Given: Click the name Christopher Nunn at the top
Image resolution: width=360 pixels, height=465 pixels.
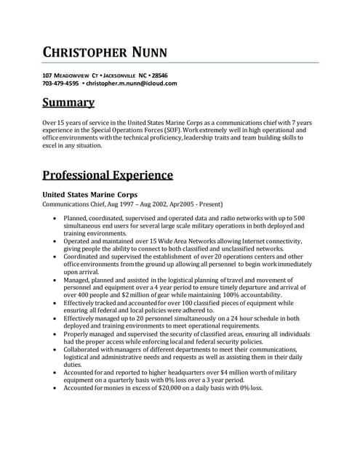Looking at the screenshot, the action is (105, 52).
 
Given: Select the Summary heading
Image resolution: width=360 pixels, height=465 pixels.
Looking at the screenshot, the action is (68, 102).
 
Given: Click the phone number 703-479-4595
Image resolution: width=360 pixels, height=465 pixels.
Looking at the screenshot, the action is (60, 84).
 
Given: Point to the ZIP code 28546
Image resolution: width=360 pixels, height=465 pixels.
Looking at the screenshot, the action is (160, 76).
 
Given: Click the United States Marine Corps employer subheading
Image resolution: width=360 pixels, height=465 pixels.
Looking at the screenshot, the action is (89, 195).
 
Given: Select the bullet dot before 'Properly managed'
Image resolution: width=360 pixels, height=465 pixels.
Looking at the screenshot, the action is (55, 333).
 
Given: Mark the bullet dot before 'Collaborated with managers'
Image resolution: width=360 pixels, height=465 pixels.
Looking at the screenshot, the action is (55, 349).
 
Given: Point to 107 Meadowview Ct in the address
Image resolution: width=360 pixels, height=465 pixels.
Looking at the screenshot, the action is (70, 76).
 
